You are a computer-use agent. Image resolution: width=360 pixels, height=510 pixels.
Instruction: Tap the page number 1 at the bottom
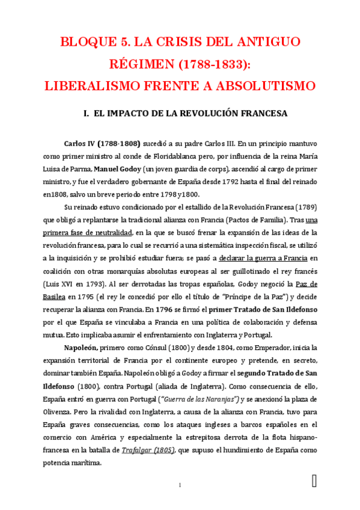click(x=180, y=485)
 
